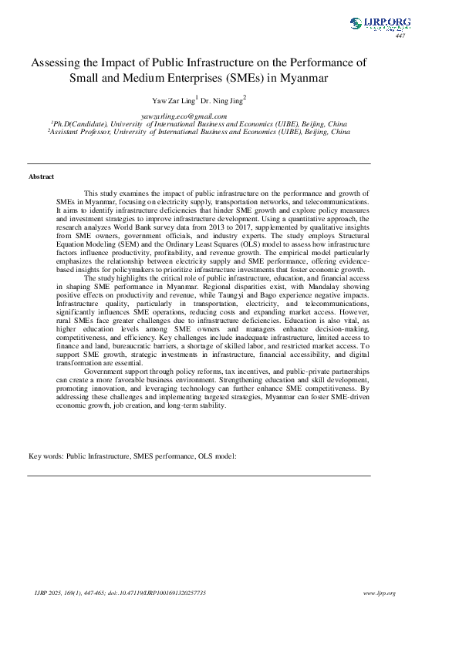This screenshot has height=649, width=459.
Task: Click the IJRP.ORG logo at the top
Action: (x=380, y=24)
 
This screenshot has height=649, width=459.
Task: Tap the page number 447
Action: (x=400, y=36)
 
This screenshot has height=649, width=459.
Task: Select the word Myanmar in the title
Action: (x=303, y=78)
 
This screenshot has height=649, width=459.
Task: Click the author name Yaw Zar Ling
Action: (x=174, y=100)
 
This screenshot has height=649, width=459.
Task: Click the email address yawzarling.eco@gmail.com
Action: (x=190, y=116)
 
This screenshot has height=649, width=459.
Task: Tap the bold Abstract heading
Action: (x=41, y=177)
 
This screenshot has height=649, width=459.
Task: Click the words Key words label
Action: (x=46, y=457)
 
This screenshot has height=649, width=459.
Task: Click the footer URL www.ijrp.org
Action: (x=379, y=593)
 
